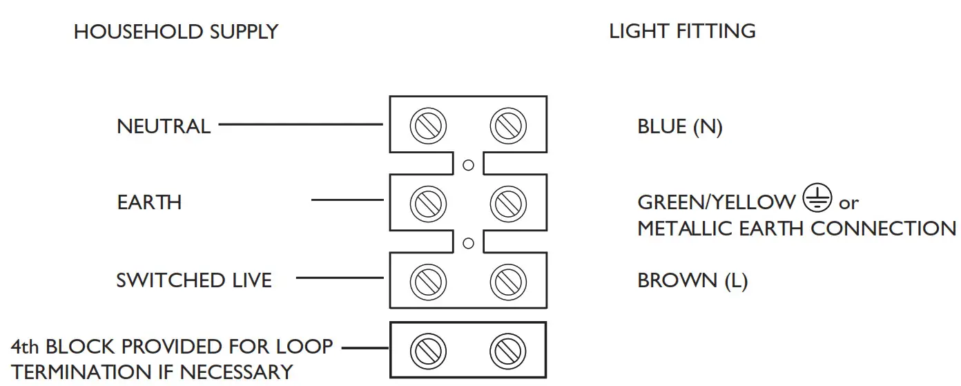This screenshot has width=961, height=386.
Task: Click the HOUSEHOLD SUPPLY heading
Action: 176,32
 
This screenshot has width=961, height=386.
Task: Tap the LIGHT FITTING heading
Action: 682,31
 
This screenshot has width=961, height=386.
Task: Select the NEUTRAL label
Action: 164,126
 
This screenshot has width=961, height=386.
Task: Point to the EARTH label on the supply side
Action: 149,202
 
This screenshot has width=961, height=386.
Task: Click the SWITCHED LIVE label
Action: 194,280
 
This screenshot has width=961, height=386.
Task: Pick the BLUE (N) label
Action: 680,126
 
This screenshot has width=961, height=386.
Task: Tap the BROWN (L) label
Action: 692,281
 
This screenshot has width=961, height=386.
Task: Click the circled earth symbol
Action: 817,197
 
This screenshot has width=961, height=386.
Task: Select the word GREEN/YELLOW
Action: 716,202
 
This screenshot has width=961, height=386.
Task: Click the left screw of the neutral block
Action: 428,126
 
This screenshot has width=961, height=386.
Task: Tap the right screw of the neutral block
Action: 508,126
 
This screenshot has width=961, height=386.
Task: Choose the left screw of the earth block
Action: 428,204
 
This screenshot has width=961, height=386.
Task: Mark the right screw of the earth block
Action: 508,204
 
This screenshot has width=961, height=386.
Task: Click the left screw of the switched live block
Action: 428,282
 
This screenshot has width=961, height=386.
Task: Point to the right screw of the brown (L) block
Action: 508,282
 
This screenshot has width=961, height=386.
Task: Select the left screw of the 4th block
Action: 428,351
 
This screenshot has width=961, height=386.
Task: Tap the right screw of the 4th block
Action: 508,351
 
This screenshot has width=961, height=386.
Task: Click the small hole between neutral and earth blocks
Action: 469,165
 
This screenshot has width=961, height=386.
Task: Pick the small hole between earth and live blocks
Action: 469,243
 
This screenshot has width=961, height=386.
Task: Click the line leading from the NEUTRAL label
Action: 301,124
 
